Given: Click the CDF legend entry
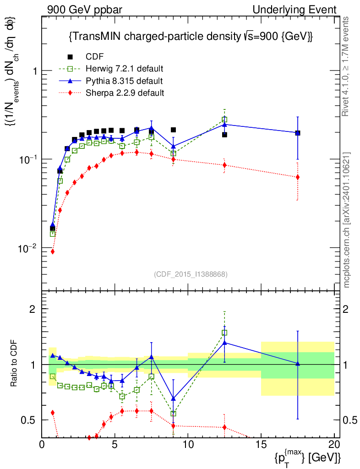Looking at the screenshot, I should tap(94, 57).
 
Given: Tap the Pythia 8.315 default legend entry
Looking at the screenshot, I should tap(124, 81).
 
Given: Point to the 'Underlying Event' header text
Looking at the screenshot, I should tap(304, 10).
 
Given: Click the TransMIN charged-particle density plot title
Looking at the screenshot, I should tap(190, 36).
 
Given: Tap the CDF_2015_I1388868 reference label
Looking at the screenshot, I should tap(190, 274).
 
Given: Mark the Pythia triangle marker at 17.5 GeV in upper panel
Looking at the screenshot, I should tap(298, 133).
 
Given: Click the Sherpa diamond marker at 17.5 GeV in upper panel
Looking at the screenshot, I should tap(298, 177).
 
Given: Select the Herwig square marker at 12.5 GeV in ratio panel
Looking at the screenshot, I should tap(224, 333).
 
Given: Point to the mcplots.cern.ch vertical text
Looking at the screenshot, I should tap(347, 220).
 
